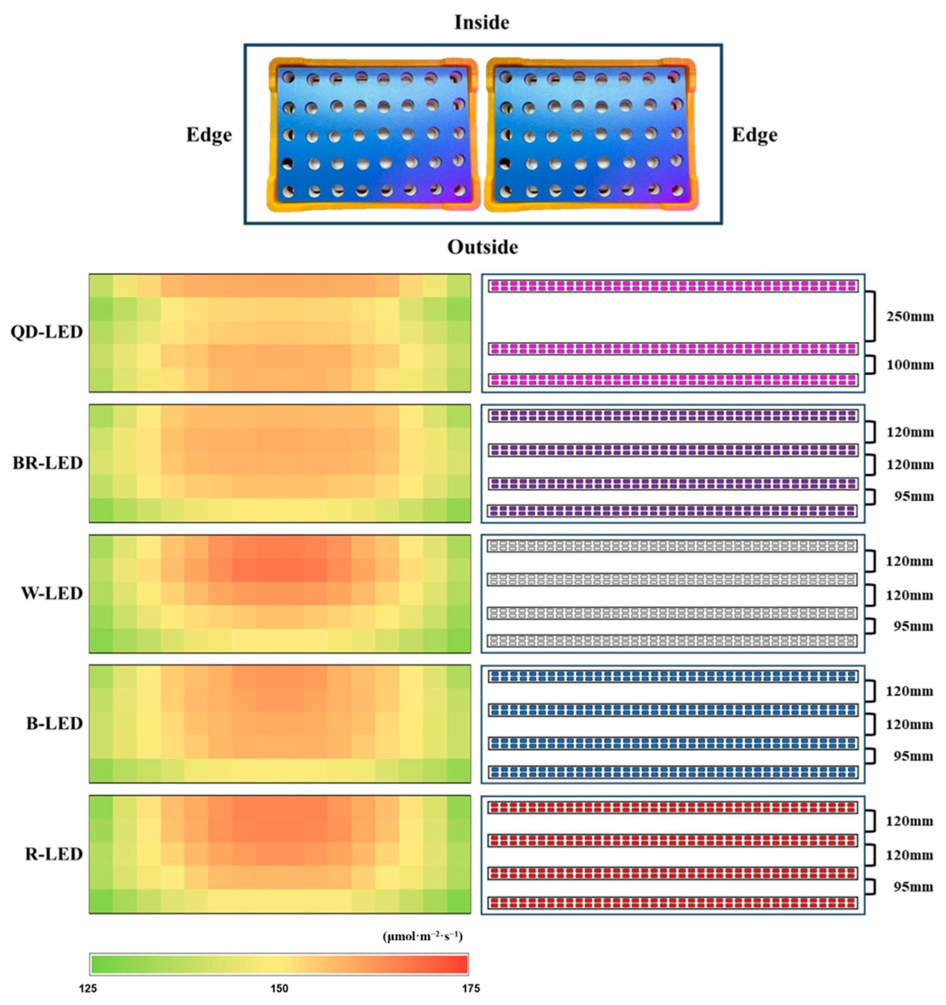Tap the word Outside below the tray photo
point(482,247)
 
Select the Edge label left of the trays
point(209,135)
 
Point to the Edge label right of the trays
point(755,135)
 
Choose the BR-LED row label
point(48,463)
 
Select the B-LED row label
point(54,723)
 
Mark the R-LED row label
point(54,854)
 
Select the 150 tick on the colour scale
point(279,988)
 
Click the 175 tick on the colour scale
point(470,988)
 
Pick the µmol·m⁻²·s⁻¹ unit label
point(423,937)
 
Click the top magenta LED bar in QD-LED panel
point(673,286)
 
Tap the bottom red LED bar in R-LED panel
point(673,903)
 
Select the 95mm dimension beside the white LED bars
point(913,627)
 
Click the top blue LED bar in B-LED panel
point(673,676)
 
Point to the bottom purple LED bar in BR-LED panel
point(673,511)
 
